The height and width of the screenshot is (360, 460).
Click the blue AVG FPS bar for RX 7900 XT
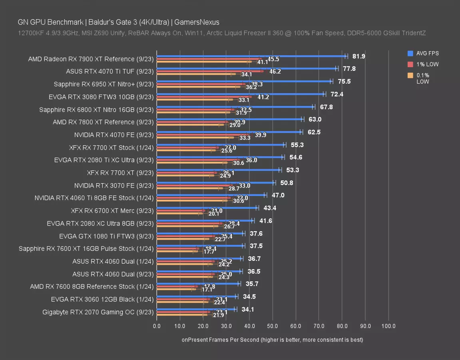[x=252, y=56]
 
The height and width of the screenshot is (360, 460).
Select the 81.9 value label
[x=358, y=56]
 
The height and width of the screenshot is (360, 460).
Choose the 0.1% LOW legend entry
[x=423, y=78]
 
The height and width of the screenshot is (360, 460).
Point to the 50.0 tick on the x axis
[x=273, y=326]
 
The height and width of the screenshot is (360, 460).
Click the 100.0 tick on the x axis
[x=388, y=326]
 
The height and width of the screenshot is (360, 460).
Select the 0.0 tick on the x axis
[x=157, y=326]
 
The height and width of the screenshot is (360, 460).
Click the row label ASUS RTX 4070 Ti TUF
[x=110, y=72]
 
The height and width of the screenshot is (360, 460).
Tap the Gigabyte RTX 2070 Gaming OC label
[x=98, y=312]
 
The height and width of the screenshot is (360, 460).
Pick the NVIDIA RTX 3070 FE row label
[x=114, y=186]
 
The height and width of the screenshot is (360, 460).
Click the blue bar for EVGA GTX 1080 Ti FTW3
[x=200, y=233]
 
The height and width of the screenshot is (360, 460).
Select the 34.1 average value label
[x=248, y=309]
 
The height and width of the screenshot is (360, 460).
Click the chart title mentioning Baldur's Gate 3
[x=118, y=22]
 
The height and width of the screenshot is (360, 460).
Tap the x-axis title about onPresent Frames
[x=272, y=340]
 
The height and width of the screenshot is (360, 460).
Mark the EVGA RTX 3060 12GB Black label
[x=102, y=299]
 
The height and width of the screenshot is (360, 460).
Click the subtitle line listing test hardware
[x=221, y=33]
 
